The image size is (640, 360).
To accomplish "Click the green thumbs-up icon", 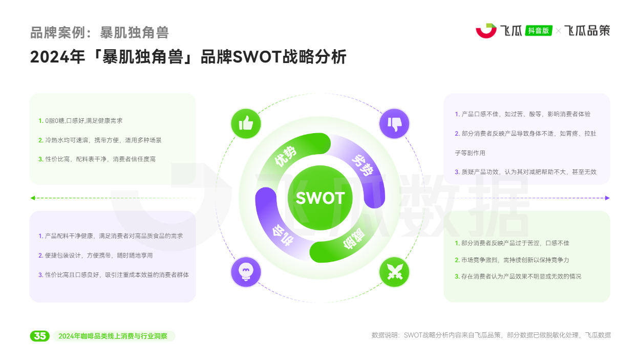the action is point(246,124).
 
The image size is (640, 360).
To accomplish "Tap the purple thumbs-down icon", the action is point(394,124).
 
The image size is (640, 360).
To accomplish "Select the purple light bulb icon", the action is point(246,272).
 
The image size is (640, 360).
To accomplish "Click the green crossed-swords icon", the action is point(394,272).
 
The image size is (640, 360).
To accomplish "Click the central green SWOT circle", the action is point(320,198).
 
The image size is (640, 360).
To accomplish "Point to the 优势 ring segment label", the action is point(285,156).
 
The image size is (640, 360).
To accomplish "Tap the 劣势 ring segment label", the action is point(363,165).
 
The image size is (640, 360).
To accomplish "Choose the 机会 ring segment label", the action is point(283,235).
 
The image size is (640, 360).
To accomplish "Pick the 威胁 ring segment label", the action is point(354,239).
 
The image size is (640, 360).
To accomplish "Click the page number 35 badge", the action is point(40,336).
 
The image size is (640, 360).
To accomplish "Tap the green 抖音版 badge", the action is point(539,31).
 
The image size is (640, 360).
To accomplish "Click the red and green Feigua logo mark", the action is point(486,31).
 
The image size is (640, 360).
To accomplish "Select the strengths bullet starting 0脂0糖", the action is point(80,121).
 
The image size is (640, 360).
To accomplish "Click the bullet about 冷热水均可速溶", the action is point(100,140).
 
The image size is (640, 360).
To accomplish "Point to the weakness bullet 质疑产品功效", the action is point(526,172).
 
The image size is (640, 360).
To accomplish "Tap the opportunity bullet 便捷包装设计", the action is point(95,256).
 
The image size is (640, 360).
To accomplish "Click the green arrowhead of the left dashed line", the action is point(33,198).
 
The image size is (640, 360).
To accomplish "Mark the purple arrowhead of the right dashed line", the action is point(607,198).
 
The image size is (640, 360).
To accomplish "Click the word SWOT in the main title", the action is point(258,57).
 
